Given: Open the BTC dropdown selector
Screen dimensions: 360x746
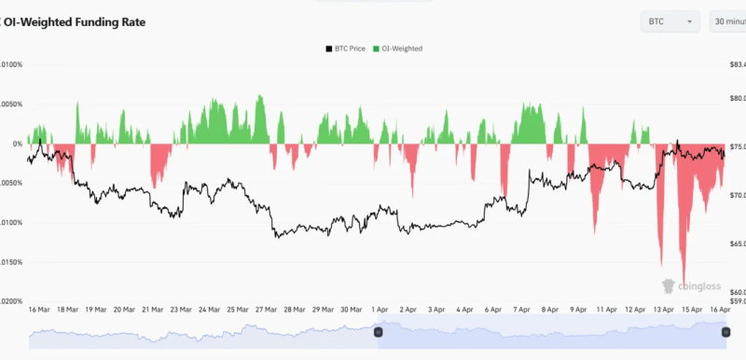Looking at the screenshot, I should pos(670,21).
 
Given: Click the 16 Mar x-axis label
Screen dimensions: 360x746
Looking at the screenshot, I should pos(39,309).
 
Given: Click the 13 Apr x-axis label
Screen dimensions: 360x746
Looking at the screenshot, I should pos(664,309).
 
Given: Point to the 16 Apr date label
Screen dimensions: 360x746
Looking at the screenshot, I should pos(719,309).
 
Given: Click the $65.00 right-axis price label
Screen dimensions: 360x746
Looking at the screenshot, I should pos(737,243).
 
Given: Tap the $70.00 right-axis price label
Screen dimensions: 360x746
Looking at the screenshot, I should pos(737,195).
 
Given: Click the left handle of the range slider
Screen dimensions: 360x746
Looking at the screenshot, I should pos(378,331).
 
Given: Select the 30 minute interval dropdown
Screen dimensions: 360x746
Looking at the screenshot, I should pos(727,21).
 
